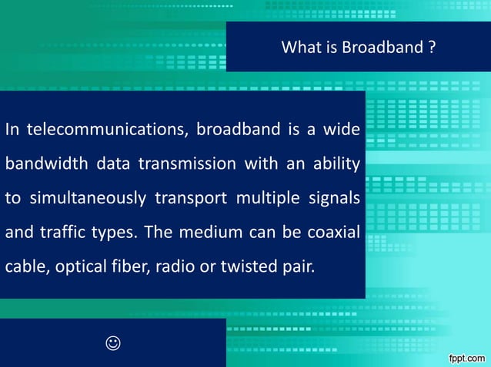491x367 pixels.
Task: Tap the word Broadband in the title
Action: click(382, 48)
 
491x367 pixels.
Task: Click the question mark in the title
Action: click(433, 48)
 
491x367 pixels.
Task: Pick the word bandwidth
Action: click(45, 164)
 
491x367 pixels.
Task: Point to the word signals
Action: click(333, 198)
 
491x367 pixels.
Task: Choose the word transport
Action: click(191, 198)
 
